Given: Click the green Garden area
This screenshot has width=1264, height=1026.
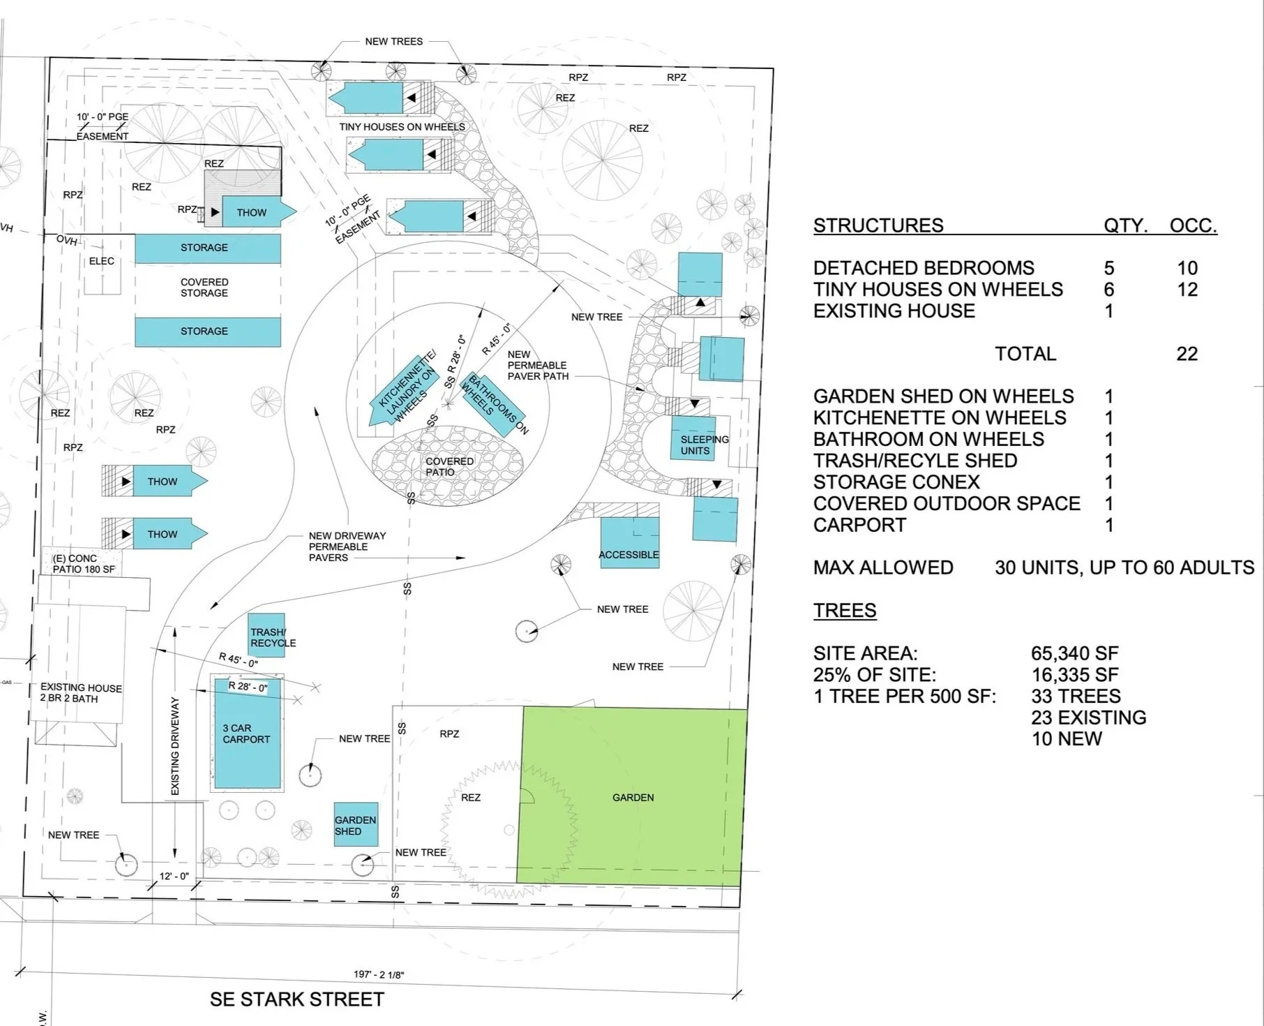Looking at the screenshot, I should pos(632,797).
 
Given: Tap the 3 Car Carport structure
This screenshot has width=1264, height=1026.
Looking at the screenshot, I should pos(247,733).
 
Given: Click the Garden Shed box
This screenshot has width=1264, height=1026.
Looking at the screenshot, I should pos(356,825).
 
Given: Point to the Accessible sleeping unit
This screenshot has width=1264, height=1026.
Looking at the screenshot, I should pos(629,544).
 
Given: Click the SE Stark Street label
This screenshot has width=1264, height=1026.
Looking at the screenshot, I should pos(297,999).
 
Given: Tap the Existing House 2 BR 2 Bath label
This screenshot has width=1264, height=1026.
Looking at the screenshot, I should pos(81,693).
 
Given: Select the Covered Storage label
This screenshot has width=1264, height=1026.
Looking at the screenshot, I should pos(204,288).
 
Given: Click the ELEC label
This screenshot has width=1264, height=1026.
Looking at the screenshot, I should pos(102,261).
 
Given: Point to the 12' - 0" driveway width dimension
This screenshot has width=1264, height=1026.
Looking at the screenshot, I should pos(174,876).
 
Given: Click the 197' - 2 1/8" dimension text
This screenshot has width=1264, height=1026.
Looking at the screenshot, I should pos(379,974).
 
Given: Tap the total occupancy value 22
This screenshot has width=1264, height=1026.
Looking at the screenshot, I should pos(1187,354).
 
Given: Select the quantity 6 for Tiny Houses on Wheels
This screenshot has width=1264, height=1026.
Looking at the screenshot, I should pos(1109,290).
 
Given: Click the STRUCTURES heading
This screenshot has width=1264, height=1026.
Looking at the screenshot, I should pos(878,225).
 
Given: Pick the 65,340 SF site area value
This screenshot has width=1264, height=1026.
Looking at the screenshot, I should pos(1074,654).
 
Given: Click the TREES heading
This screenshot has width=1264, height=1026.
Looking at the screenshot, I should pos(845,611).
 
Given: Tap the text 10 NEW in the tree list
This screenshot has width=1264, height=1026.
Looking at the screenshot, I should pos(1067,739).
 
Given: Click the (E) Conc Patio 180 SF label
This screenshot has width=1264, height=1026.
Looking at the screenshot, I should pos(84,563).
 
